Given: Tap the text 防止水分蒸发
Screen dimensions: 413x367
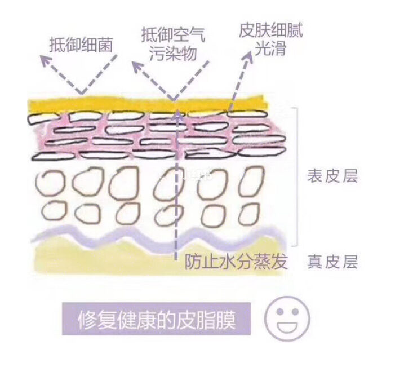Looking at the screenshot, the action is pos(236,262).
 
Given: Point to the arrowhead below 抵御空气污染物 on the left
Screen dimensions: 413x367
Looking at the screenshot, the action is pos(135,65).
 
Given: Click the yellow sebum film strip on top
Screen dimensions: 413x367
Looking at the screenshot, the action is pos(146,105).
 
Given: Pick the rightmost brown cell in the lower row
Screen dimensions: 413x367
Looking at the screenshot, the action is pos(246,215).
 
